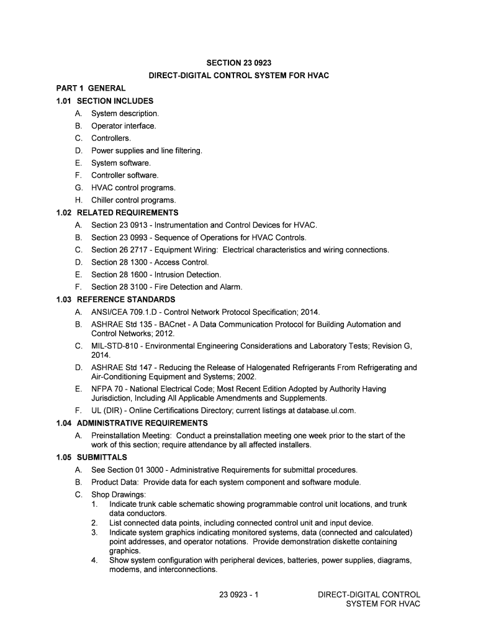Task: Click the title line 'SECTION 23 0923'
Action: pyautogui.click(x=239, y=63)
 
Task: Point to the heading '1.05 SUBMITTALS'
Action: pyautogui.click(x=91, y=457)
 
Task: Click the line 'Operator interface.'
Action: pyautogui.click(x=124, y=126)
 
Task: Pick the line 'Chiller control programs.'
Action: pyautogui.click(x=133, y=200)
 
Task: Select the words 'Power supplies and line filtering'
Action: pyautogui.click(x=146, y=150)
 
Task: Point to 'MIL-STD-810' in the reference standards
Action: pyautogui.click(x=112, y=345)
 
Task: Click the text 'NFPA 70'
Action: pyautogui.click(x=106, y=389)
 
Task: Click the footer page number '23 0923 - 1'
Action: pyautogui.click(x=239, y=594)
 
